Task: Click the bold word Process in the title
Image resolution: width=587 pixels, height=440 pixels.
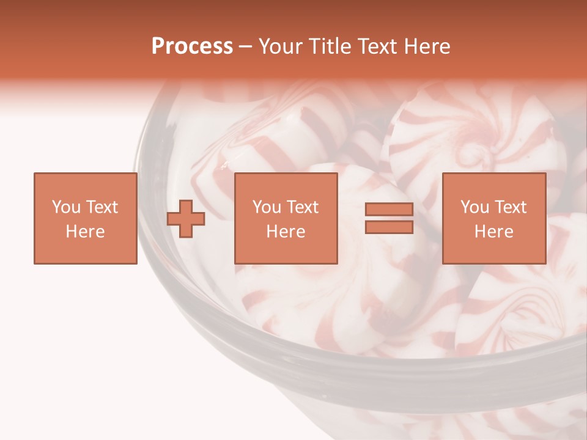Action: [x=192, y=46]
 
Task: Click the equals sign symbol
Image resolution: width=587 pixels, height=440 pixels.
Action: [x=389, y=219]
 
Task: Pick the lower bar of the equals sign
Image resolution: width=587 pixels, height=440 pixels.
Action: [x=389, y=227]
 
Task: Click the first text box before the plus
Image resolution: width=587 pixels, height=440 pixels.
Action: [x=85, y=218]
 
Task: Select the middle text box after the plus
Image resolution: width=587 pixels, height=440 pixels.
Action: [x=286, y=218]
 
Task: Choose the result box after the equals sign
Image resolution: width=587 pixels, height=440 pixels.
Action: [x=493, y=218]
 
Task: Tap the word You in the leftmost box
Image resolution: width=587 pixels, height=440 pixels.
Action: [x=66, y=207]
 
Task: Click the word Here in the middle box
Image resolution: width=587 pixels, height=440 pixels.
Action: [x=286, y=232]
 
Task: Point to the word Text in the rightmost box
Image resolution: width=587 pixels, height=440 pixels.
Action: [x=510, y=207]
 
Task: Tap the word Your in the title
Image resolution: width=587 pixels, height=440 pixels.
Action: [x=281, y=46]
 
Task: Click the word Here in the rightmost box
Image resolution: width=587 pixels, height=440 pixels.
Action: [x=493, y=232]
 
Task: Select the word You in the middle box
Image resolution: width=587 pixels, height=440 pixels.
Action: [x=267, y=207]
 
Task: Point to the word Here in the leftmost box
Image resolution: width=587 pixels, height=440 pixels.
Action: [x=85, y=232]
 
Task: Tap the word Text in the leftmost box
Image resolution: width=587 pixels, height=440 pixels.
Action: [x=102, y=207]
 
